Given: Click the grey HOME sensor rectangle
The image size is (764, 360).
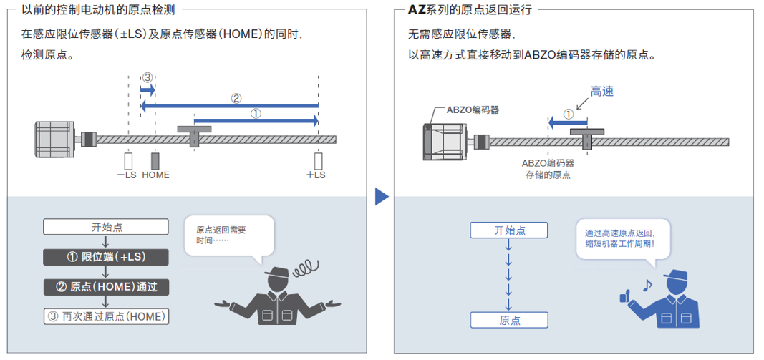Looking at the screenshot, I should point(155,160).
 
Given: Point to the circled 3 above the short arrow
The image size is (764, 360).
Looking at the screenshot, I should point(148,77).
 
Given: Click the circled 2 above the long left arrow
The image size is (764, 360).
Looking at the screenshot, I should point(236,98).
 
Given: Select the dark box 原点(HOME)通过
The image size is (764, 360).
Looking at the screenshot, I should point(106,287).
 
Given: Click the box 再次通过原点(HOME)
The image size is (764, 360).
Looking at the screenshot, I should point(106,316).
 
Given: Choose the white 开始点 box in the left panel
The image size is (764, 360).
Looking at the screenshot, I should point(106,227).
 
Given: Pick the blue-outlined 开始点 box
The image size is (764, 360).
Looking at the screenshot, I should point(509,230).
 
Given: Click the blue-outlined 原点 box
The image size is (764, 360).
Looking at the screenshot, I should point(509,320).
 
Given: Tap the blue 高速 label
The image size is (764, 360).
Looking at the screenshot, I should point(601,92).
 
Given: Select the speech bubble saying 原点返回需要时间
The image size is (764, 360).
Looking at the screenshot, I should point(228,235).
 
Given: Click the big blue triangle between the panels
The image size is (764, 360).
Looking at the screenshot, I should point(382,196).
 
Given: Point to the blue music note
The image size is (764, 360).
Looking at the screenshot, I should point(647,285).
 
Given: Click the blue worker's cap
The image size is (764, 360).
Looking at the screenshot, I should point(675,276).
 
